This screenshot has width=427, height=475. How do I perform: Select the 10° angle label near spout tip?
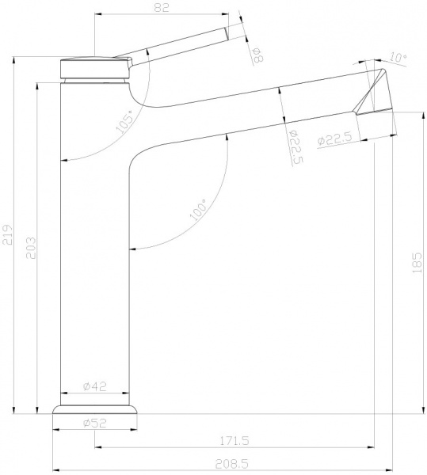[398, 58]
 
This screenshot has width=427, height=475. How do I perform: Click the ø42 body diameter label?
[96, 387]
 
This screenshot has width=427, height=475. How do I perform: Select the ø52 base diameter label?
[96, 423]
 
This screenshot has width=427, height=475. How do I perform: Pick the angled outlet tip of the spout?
[373, 93]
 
